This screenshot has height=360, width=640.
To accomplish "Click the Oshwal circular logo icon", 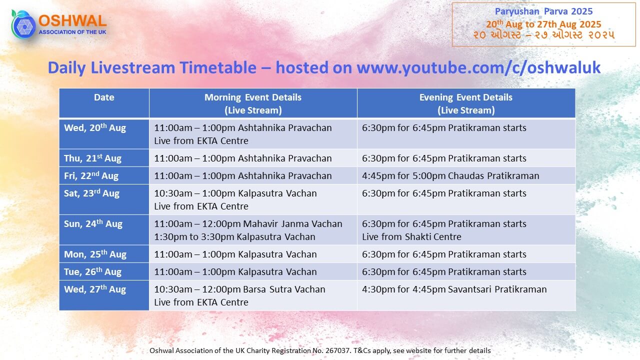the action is click(23, 24).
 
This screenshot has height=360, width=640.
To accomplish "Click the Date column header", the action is click(104, 97).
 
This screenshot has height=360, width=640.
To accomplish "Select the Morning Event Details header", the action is click(253, 103).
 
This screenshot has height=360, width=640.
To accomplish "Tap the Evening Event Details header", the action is click(466, 103).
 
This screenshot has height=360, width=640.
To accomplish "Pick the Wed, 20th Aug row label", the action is click(95, 127).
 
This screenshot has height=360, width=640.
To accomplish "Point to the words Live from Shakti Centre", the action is click(411, 237).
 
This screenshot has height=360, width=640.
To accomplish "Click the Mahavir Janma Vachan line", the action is click(248, 223).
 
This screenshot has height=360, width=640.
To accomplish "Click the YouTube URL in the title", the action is click(478, 68).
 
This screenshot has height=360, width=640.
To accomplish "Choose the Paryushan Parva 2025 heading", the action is click(543, 11).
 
